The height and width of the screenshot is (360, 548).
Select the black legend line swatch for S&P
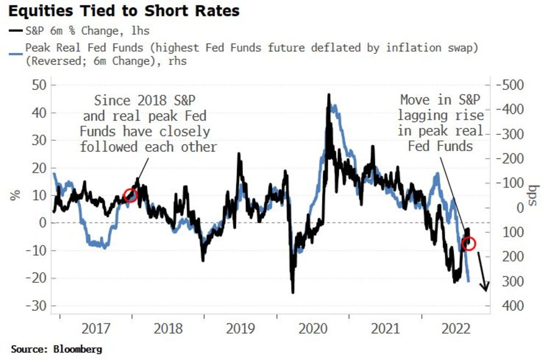coord(15,31)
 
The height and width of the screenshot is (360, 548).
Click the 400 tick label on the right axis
coord(509,305)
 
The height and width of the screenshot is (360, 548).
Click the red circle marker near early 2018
coord(130,195)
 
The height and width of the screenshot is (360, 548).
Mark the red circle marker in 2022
coord(469,243)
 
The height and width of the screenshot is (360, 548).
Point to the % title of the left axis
coord(15,195)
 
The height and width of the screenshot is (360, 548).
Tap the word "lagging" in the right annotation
coord(426,116)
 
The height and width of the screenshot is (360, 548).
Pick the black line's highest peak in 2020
coord(328,94)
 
